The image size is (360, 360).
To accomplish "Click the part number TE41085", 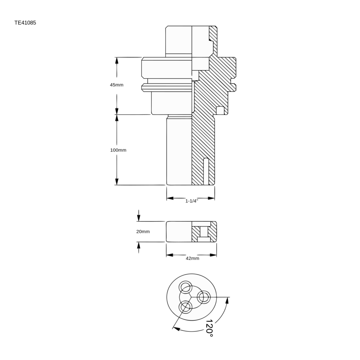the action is (x=25, y=23).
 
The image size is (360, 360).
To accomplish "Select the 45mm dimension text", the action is (x=117, y=85).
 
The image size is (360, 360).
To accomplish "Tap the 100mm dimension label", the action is (x=118, y=150).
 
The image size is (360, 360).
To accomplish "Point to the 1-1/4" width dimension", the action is (x=192, y=201).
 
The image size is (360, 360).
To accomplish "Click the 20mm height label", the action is (x=143, y=231).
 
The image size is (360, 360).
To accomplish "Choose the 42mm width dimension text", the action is (x=192, y=258).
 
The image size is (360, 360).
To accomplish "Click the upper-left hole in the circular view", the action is (x=185, y=287).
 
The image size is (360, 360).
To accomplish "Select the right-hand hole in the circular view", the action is (x=203, y=297).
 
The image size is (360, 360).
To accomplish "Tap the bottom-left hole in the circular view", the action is (x=185, y=307).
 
